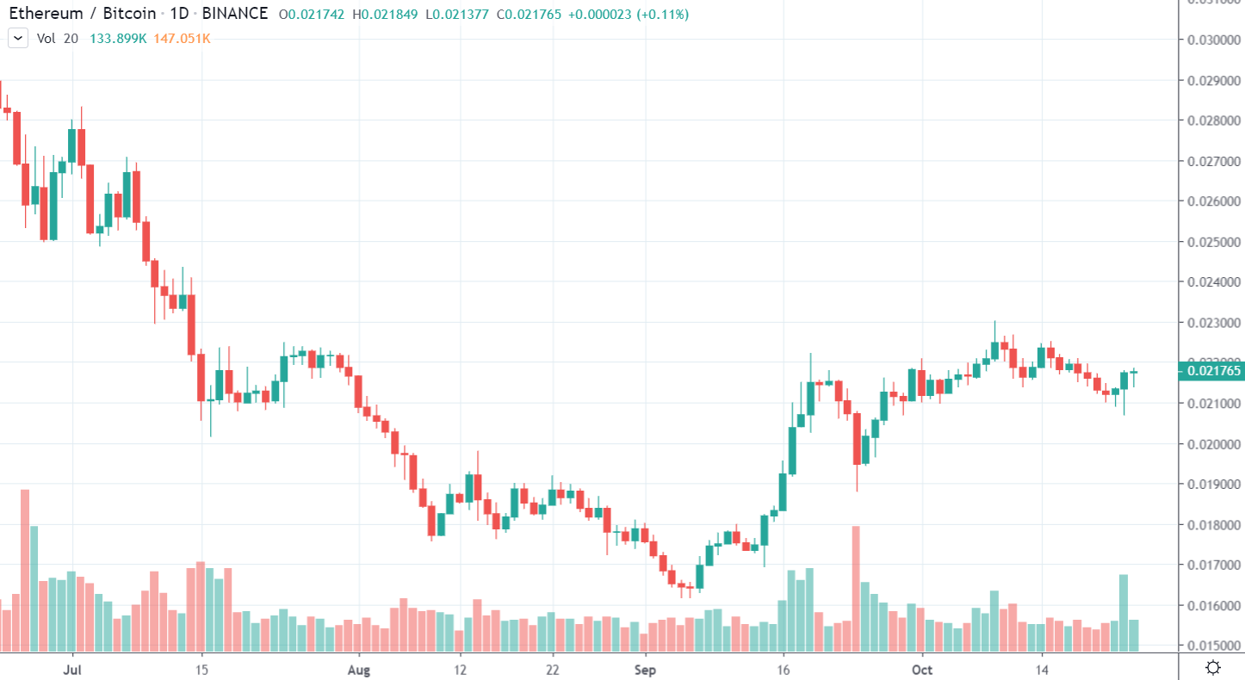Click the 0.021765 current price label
coord(1214,372)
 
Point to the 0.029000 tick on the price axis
coord(1214,80)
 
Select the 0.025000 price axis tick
coord(1214,242)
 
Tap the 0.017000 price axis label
coord(1214,566)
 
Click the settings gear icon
coord(1213,667)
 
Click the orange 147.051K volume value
coord(182,38)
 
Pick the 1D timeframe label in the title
coord(181,14)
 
